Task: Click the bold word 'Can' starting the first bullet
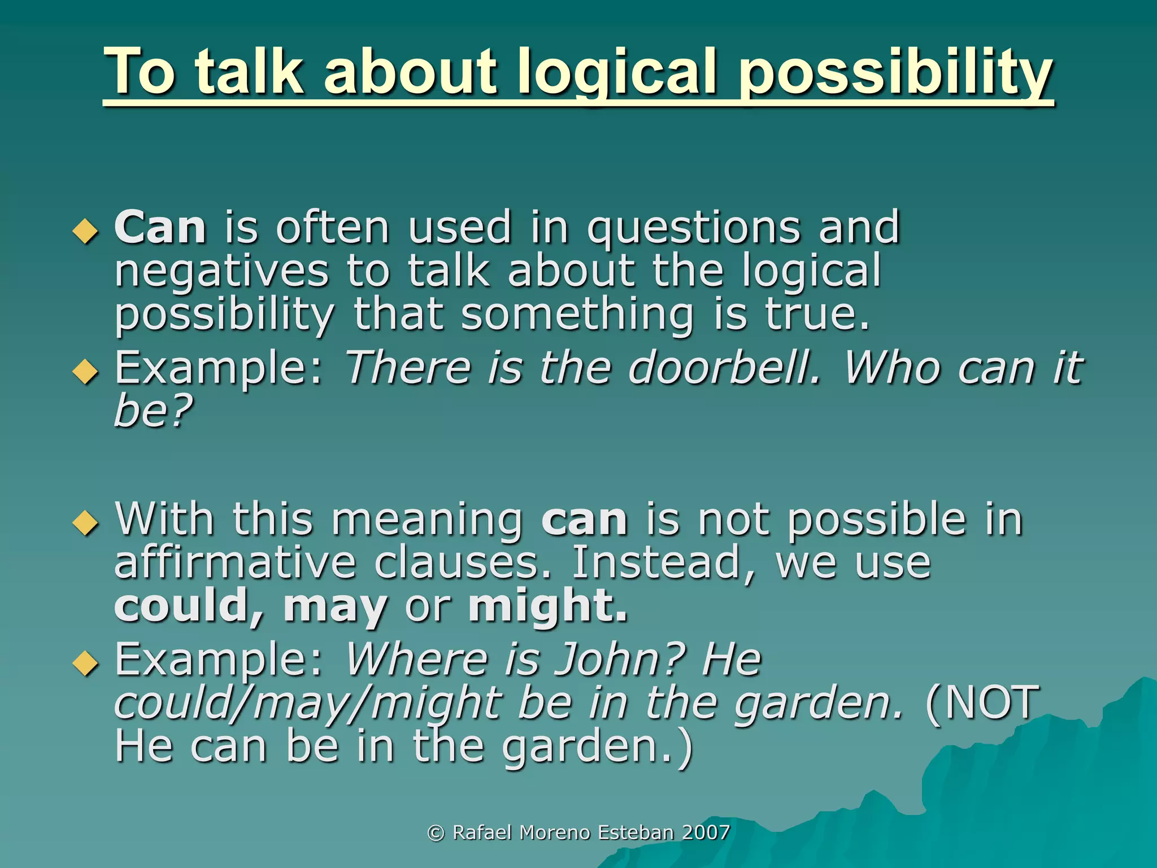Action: (x=160, y=228)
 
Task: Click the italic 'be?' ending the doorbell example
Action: (x=153, y=411)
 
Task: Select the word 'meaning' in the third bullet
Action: (x=428, y=520)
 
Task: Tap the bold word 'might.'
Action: (x=548, y=607)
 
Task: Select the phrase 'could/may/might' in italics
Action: (x=308, y=704)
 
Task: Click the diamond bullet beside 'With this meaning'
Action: (x=86, y=522)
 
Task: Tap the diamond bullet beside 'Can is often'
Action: (x=86, y=231)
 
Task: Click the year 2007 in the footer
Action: (x=706, y=832)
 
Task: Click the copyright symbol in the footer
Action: (x=436, y=833)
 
